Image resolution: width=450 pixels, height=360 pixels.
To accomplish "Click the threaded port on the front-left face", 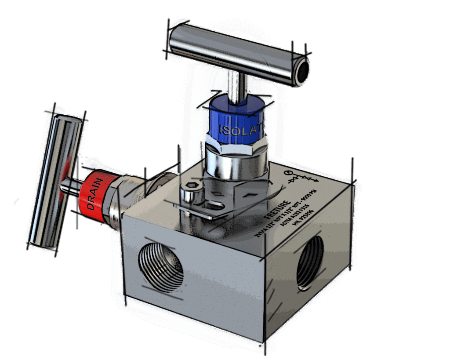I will pyautogui.click(x=161, y=267).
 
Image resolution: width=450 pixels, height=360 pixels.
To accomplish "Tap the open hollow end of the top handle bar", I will pyautogui.click(x=302, y=71).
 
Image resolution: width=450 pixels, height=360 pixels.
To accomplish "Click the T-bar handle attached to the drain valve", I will pyautogui.click(x=55, y=180).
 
